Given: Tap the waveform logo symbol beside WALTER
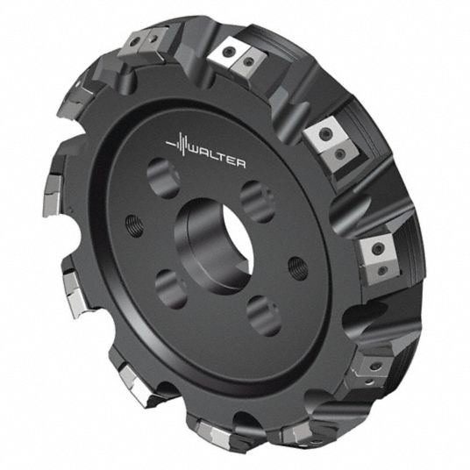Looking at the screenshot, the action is tap(178, 145).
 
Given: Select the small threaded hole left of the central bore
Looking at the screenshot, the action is tap(134, 225).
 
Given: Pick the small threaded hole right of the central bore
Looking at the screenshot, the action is tap(298, 268).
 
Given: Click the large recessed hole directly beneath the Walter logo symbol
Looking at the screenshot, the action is tap(163, 179).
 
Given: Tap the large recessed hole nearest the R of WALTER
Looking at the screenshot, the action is tap(258, 202).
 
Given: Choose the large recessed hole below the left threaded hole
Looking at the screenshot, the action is tap(171, 289).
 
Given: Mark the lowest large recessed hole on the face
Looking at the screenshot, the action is tap(264, 316).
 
